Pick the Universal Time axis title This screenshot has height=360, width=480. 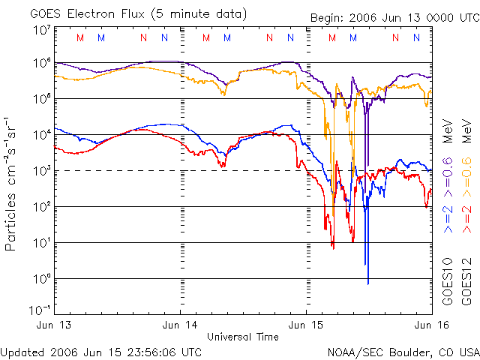pyautogui.click(x=243, y=337)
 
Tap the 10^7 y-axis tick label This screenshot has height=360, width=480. pyautogui.click(x=42, y=31)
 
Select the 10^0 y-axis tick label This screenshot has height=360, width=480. pyautogui.click(x=42, y=279)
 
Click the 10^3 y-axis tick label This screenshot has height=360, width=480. pyautogui.click(x=42, y=171)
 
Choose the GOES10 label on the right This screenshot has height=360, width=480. pyautogui.click(x=447, y=280)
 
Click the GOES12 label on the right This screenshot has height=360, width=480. pyautogui.click(x=465, y=280)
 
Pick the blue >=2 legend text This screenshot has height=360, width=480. pyautogui.click(x=447, y=217)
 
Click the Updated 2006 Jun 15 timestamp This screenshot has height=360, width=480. pyautogui.click(x=101, y=352)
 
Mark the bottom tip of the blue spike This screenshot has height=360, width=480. pyautogui.click(x=368, y=283)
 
